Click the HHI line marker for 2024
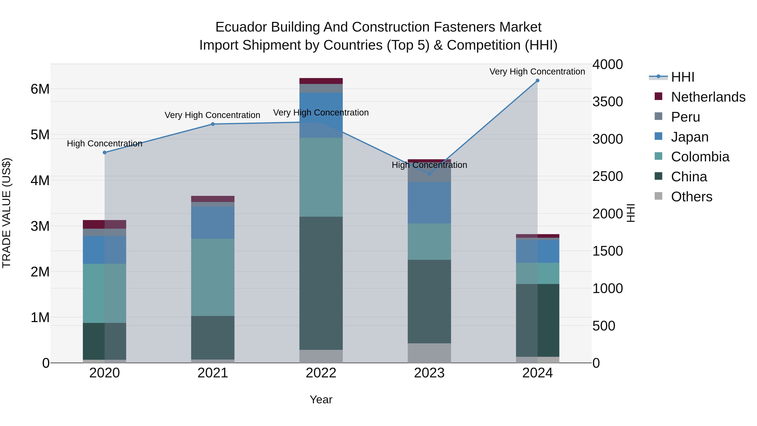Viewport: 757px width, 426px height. pyautogui.click(x=537, y=81)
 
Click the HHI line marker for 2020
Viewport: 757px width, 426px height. pyautogui.click(x=105, y=153)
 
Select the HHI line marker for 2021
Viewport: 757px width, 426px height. pyautogui.click(x=213, y=124)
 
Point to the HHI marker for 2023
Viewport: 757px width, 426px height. pyautogui.click(x=429, y=174)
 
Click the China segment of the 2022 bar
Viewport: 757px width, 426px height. pyautogui.click(x=321, y=283)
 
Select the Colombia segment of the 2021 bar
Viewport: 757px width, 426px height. pyautogui.click(x=213, y=277)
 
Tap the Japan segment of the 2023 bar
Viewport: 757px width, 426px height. pyautogui.click(x=429, y=203)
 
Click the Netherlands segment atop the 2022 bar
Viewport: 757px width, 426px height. pyautogui.click(x=321, y=81)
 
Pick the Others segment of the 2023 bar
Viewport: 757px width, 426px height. pyautogui.click(x=429, y=353)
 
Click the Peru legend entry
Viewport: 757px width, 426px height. pyautogui.click(x=686, y=117)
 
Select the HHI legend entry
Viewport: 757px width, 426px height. pyautogui.click(x=683, y=77)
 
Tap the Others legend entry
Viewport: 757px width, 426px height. pyautogui.click(x=691, y=197)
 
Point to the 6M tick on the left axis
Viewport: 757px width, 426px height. pyautogui.click(x=40, y=89)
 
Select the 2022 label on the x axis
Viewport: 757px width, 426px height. pyautogui.click(x=321, y=373)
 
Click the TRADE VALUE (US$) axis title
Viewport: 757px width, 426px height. pyautogui.click(x=7, y=213)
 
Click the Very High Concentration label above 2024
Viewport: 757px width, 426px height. pyautogui.click(x=537, y=72)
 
